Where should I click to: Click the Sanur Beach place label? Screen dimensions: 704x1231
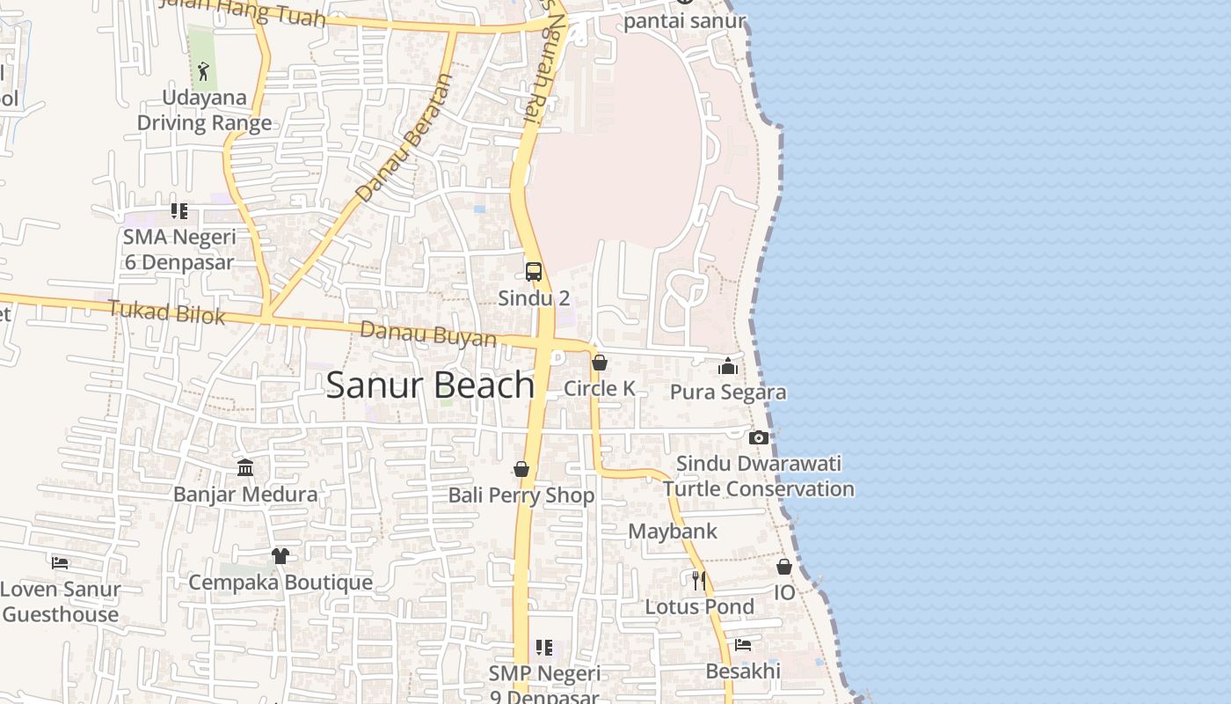point(430,385)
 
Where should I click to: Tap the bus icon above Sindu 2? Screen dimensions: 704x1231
point(534,271)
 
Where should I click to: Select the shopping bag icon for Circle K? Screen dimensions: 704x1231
point(600,363)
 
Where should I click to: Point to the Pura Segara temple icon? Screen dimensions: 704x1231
point(728,366)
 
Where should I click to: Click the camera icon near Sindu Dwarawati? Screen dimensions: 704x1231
point(759,437)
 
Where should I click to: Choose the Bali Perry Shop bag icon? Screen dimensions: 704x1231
point(521,469)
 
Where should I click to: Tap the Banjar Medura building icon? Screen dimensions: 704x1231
point(245,467)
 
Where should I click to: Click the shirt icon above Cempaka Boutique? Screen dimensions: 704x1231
point(280,556)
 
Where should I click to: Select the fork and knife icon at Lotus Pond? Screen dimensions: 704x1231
point(699,580)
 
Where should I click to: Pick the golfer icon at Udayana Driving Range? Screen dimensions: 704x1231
point(204,70)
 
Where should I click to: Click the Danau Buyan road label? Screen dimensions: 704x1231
point(428,334)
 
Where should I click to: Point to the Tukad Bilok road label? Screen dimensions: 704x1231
point(167,312)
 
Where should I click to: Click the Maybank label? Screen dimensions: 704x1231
point(673,532)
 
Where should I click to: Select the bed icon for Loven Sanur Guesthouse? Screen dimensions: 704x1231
point(60,562)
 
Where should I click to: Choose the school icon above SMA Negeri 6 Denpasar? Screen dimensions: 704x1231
point(179,211)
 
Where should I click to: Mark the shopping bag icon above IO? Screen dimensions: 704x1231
point(784,567)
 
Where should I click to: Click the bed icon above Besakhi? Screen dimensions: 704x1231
point(743,645)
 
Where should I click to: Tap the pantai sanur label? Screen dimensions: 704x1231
point(685,21)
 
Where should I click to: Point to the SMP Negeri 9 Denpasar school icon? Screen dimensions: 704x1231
point(544,649)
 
